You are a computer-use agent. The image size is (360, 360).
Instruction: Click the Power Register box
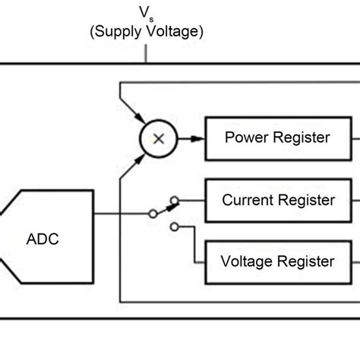click(x=277, y=138)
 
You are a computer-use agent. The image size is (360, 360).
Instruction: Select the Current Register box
click(x=278, y=201)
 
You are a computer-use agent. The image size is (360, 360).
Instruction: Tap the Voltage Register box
click(x=278, y=261)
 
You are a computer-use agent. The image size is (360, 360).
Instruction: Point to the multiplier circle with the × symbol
click(x=159, y=138)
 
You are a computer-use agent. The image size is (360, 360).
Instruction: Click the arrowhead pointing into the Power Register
click(x=200, y=138)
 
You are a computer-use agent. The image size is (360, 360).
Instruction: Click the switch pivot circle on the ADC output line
click(x=152, y=213)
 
